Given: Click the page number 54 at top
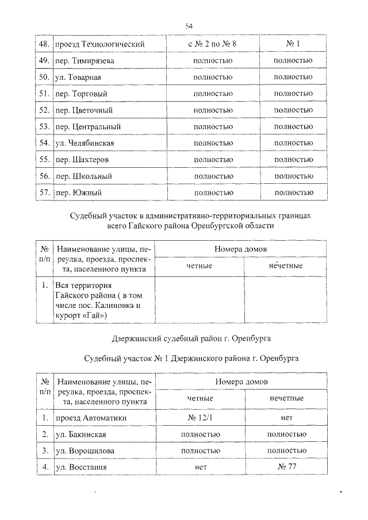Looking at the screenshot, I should tap(189, 26).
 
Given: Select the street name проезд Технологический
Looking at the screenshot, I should tap(99, 44).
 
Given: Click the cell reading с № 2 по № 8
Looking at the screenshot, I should tap(212, 44).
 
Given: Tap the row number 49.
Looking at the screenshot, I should tap(43, 60).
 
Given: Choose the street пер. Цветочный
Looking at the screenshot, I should tap(83, 110).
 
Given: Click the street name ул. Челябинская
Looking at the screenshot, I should tap(85, 143).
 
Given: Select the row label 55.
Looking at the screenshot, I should tap(43, 159).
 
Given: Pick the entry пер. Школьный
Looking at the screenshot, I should tap(83, 176).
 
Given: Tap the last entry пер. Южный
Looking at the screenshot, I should tap(78, 192).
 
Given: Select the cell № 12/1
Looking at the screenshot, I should tap(200, 418).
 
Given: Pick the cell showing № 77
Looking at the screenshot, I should tap(286, 467).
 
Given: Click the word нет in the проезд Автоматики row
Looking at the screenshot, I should tap(286, 418).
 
